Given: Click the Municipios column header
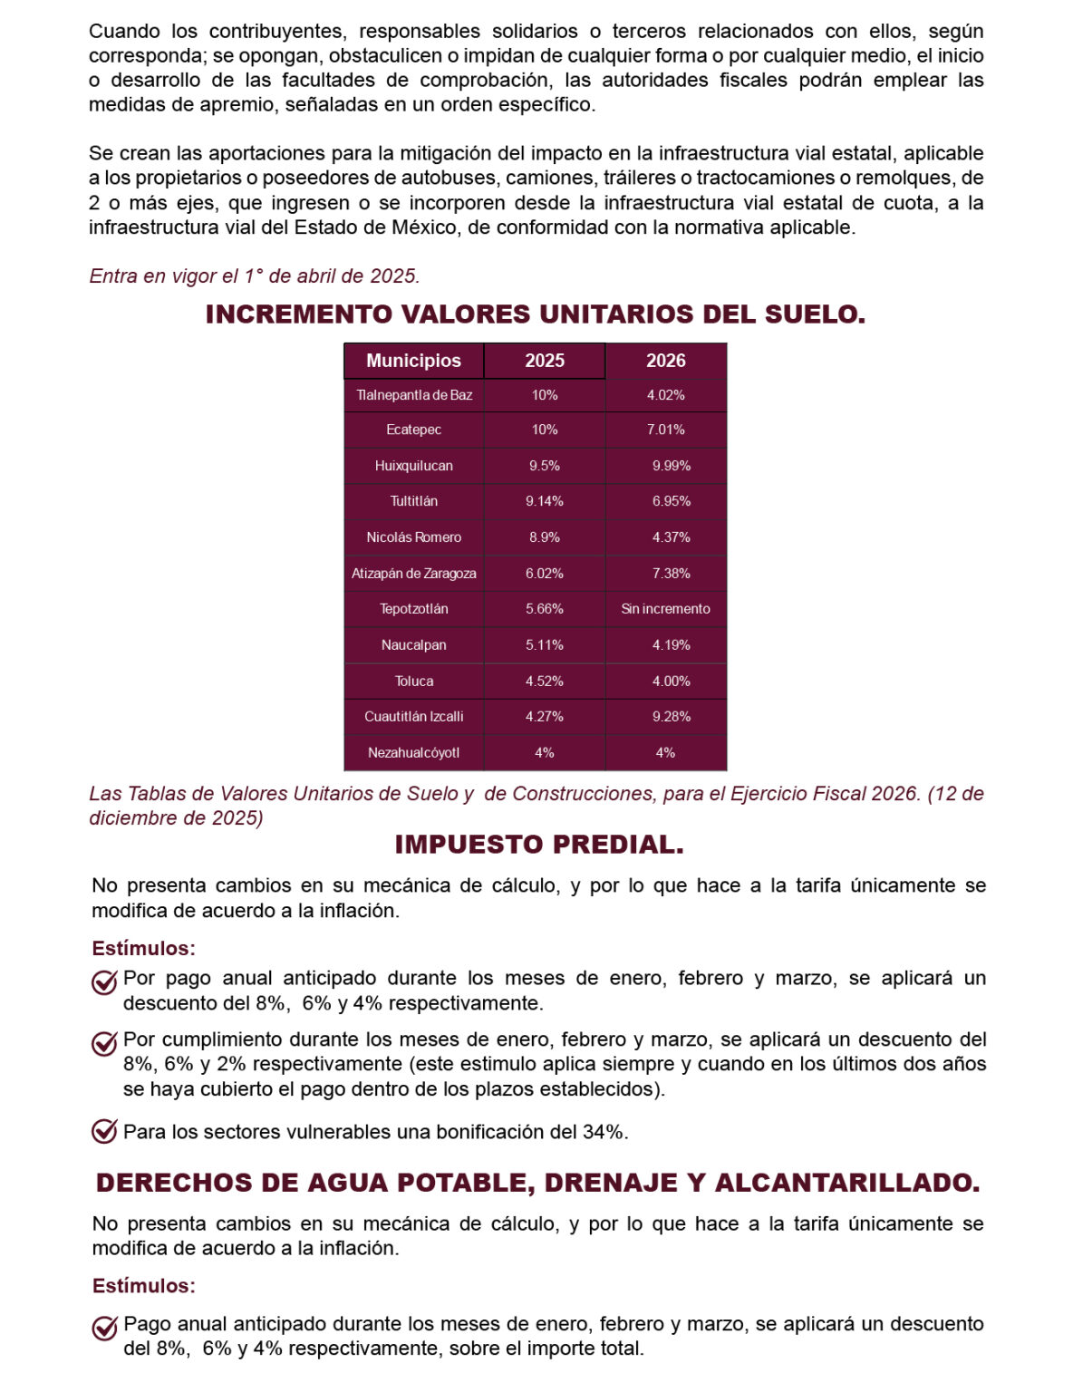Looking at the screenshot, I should (x=413, y=361).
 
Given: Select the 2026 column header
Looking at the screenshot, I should (x=665, y=361).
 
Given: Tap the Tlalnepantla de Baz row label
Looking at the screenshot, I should (x=414, y=395).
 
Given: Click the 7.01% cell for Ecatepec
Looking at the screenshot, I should (x=665, y=430).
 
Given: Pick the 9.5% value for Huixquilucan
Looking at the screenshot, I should (x=545, y=466).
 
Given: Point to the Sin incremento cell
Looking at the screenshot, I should (x=665, y=609).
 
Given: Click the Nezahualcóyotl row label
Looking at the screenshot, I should (x=414, y=753).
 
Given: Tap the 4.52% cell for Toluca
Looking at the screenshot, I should (x=545, y=681).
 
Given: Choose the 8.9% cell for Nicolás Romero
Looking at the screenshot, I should (x=545, y=537).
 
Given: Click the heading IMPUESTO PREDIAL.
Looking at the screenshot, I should (x=539, y=845).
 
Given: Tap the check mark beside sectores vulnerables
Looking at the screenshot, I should (x=104, y=1131).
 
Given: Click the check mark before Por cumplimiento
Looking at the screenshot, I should (x=104, y=1043).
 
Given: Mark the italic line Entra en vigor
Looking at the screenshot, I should (x=255, y=275).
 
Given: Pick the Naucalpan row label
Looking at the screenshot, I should (x=414, y=645).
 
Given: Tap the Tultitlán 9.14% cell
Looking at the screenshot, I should (x=545, y=501).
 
